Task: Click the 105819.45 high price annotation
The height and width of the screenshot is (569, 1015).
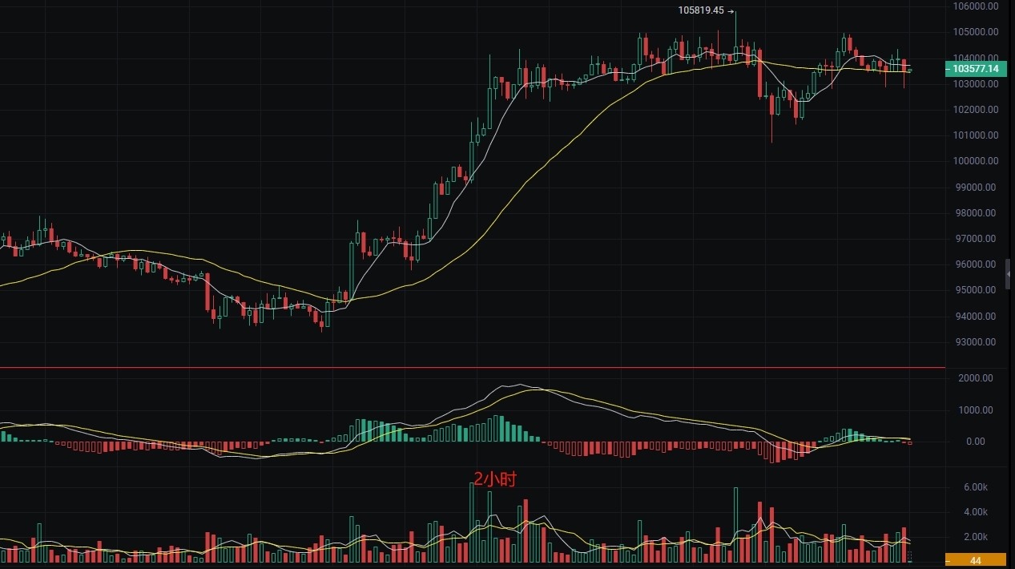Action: pyautogui.click(x=701, y=10)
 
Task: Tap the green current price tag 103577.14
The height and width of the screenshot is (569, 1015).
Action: pyautogui.click(x=975, y=69)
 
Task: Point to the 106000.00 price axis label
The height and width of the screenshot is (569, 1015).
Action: pyautogui.click(x=976, y=6)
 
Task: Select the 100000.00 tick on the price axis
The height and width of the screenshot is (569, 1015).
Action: pyautogui.click(x=976, y=161)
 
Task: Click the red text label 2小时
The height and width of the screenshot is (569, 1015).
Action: pyautogui.click(x=494, y=480)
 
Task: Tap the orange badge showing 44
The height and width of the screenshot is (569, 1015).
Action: pyautogui.click(x=976, y=559)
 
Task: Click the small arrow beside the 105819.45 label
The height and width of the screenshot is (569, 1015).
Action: pyautogui.click(x=731, y=10)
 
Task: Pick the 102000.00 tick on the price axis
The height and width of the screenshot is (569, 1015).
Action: pyautogui.click(x=976, y=110)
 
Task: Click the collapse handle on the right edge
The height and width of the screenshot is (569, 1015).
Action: pyautogui.click(x=1009, y=274)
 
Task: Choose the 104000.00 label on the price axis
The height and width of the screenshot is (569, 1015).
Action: pyautogui.click(x=976, y=59)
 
